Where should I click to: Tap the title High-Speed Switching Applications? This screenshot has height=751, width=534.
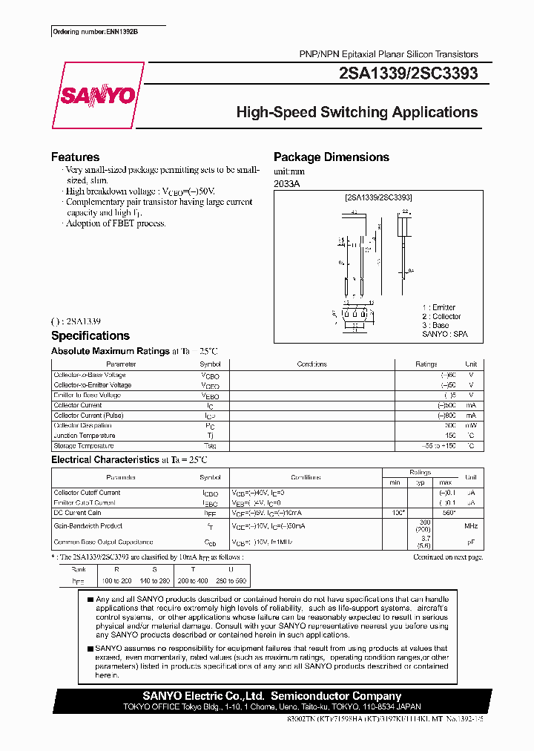click(x=357, y=113)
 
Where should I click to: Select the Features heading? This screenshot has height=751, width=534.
click(x=75, y=157)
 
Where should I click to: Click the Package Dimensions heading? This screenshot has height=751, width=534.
click(x=331, y=157)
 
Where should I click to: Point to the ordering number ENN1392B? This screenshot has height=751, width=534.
click(x=96, y=33)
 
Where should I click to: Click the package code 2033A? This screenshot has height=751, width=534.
click(x=287, y=183)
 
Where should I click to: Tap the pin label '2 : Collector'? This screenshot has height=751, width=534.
click(x=441, y=317)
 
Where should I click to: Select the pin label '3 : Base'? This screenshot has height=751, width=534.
click(x=435, y=326)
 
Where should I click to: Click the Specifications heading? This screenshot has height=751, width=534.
click(x=90, y=336)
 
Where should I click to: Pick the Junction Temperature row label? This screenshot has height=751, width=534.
click(x=84, y=436)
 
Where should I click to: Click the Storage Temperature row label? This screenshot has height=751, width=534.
click(x=84, y=446)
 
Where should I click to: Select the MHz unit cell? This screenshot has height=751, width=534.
click(x=470, y=526)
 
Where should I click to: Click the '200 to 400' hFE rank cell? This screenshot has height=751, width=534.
click(x=193, y=581)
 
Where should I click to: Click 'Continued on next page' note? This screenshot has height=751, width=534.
click(x=447, y=557)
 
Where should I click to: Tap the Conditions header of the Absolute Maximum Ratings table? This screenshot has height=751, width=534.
click(x=311, y=364)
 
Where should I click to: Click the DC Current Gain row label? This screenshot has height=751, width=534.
click(x=77, y=513)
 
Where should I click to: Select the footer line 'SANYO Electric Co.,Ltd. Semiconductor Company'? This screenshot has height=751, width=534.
click(x=271, y=696)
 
